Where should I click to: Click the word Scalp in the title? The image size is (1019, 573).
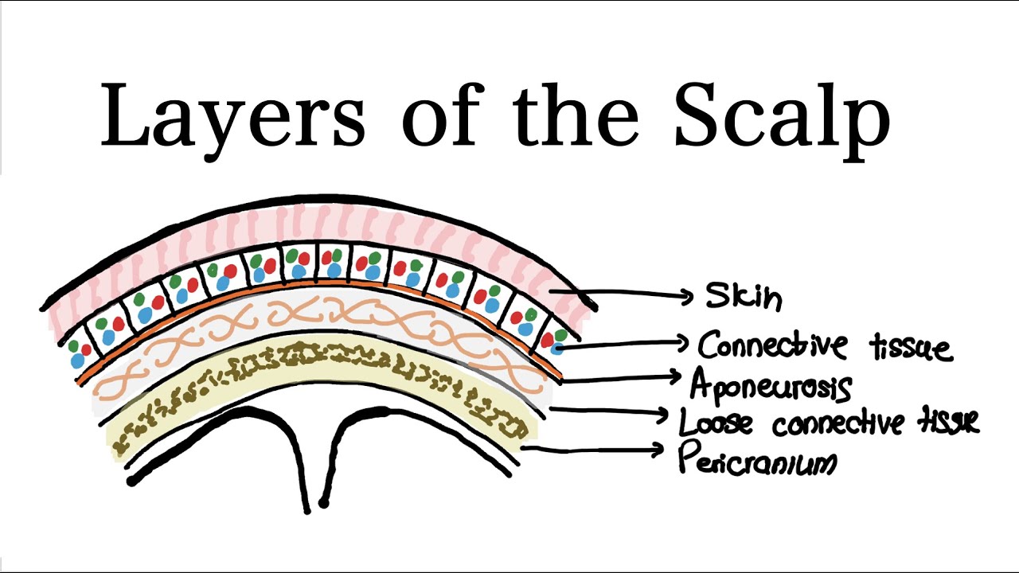[782, 120]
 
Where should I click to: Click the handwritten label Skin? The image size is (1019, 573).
[744, 296]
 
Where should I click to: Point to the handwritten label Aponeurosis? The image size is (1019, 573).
[771, 386]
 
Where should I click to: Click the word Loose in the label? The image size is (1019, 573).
[715, 422]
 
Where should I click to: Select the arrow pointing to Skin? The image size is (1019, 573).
[622, 294]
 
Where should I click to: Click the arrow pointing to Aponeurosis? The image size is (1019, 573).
[620, 378]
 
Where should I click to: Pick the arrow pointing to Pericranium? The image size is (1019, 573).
[592, 450]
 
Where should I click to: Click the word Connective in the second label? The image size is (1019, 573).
[773, 345]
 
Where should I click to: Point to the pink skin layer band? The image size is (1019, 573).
[318, 223]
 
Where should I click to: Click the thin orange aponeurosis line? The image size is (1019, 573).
[318, 283]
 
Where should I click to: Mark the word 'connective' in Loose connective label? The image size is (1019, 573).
[837, 423]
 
